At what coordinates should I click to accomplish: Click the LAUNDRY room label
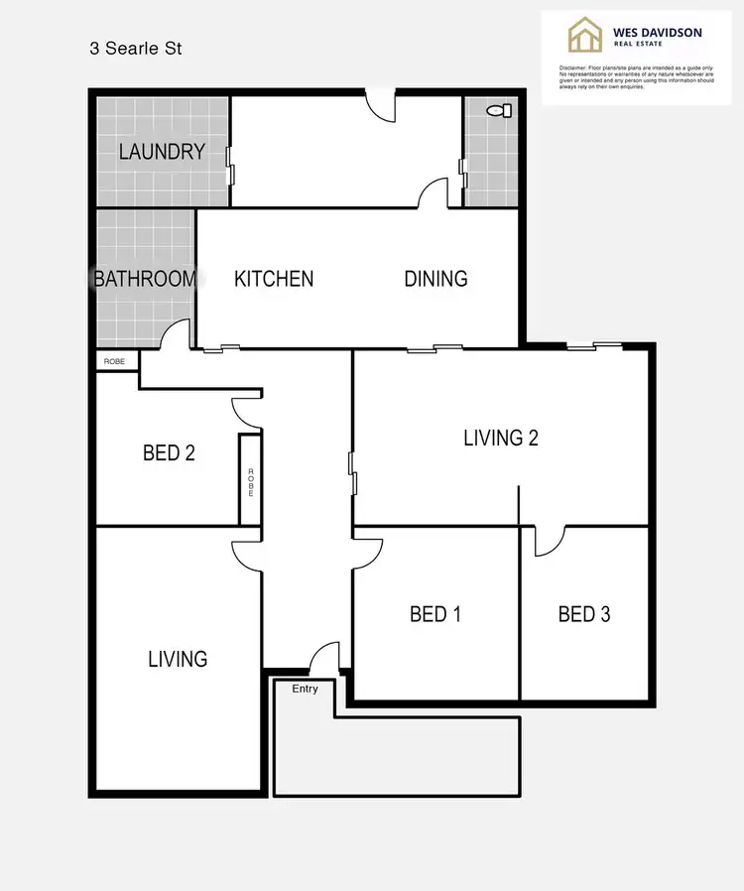pos(162,152)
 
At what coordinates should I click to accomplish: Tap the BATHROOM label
pos(145,279)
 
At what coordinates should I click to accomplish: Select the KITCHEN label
pos(274,279)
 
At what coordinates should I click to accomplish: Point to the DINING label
pos(435,279)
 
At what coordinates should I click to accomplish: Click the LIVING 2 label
pos(501,438)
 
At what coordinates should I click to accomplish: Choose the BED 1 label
pos(435,614)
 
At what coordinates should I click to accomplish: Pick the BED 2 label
pos(169,453)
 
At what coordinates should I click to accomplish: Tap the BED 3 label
pos(584,614)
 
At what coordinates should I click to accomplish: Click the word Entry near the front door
pos(305,688)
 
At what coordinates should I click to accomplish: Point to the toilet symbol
pos(502,110)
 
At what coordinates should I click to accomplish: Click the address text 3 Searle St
pos(136,48)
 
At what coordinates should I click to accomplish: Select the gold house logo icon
pos(585,36)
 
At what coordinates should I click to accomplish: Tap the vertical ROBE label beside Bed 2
pos(251,480)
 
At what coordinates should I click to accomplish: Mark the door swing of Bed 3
pos(549,539)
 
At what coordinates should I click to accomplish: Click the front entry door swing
pos(323,659)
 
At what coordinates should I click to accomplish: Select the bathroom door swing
pos(177,335)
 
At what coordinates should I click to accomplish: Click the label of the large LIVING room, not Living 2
pos(178,659)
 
